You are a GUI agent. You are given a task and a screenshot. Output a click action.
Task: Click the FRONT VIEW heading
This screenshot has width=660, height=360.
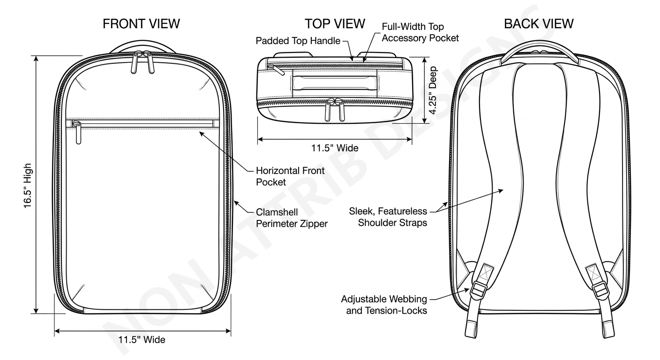pos(141,24)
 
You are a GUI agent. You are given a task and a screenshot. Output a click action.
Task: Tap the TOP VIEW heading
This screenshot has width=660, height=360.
pos(334,23)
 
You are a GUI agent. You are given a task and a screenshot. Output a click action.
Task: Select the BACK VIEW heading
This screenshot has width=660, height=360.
pos(539,23)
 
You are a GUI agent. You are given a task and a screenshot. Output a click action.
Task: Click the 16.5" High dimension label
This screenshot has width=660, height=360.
pos(29,186)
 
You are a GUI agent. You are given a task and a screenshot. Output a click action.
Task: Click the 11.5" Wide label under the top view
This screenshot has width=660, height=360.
pos(335,148)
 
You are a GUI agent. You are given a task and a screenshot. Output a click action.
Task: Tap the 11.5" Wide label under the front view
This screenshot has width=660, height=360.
pos(142,339)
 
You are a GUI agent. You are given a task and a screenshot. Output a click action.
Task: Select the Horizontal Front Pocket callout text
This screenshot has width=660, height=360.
pos(290,176)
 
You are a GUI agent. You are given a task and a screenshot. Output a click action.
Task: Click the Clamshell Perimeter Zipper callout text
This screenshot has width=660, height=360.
pos(292,218)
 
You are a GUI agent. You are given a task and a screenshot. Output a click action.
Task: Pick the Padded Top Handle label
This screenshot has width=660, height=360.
pos(298,41)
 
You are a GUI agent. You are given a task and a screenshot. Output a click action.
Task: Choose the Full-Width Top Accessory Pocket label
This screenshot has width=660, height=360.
pos(420,32)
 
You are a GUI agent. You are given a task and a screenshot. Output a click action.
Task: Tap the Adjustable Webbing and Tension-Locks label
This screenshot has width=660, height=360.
pos(384,304)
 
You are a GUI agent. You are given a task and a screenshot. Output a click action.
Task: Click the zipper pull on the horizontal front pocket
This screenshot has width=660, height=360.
pos(77,131)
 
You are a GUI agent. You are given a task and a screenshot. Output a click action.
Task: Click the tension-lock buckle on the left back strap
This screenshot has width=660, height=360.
pos(478,288)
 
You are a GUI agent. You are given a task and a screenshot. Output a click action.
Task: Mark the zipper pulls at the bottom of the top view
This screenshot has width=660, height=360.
pos(336,110)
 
